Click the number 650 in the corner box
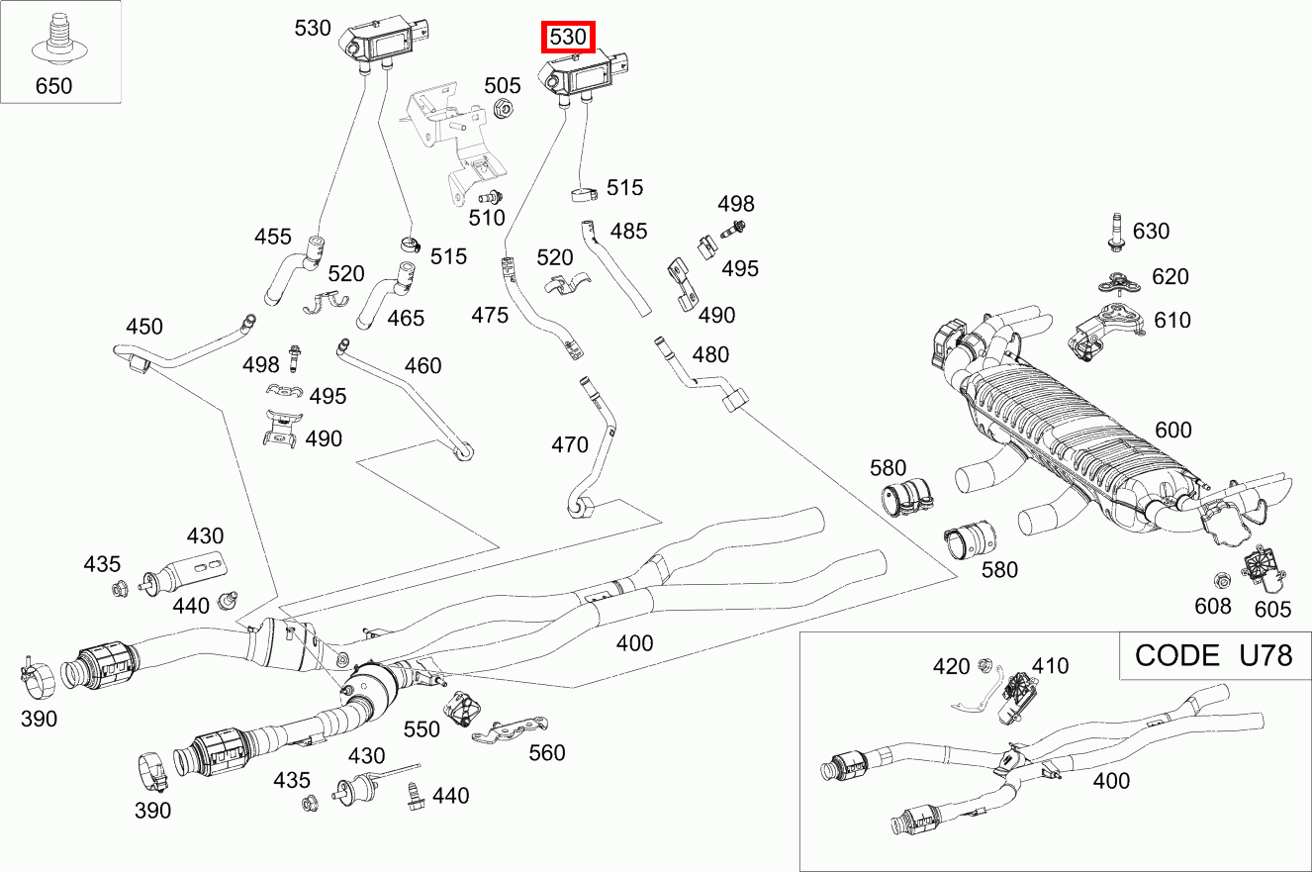(x=53, y=86)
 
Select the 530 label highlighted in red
(x=569, y=39)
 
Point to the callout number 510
(x=487, y=217)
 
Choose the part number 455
(x=273, y=237)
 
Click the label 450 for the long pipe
(x=144, y=327)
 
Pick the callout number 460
(x=422, y=366)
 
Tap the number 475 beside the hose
(x=490, y=315)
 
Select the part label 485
(x=628, y=231)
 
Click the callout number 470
(x=570, y=445)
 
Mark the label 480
(x=710, y=354)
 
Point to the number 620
(x=1171, y=277)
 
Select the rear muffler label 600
(x=1173, y=431)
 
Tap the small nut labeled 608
(x=1219, y=580)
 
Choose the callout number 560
(x=546, y=753)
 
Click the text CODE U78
(x=1213, y=655)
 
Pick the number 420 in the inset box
(x=951, y=666)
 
